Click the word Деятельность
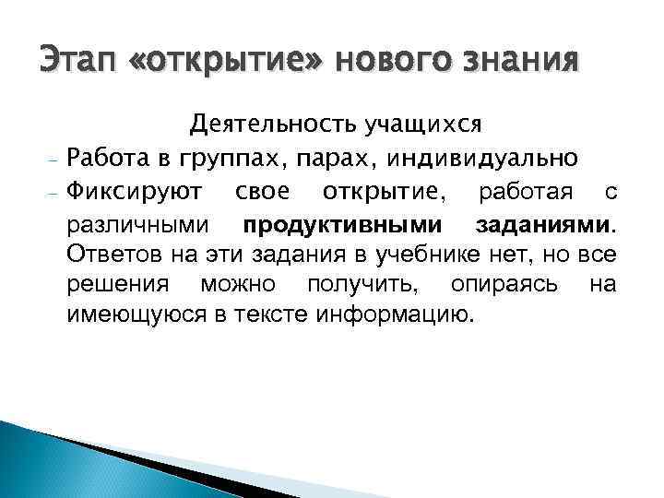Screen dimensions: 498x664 click(264, 123)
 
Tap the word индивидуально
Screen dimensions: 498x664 click(497, 158)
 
